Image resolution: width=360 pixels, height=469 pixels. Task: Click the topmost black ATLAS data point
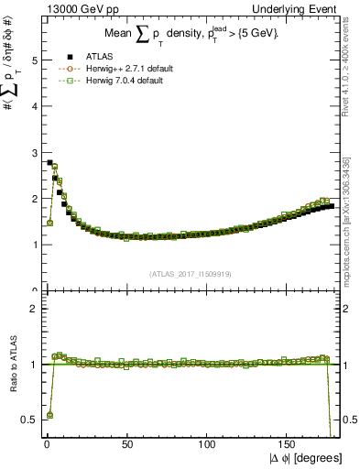pyautogui.click(x=49, y=162)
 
